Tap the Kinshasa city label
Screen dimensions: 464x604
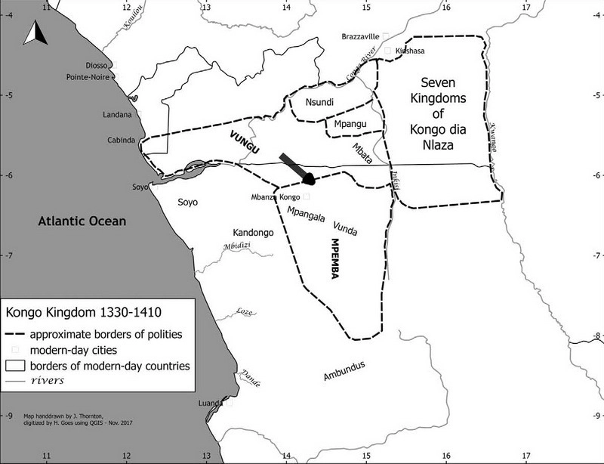(x=411, y=51)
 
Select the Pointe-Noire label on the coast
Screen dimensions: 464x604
(x=88, y=76)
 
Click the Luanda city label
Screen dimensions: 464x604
(x=208, y=404)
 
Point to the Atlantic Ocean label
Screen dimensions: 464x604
(x=82, y=221)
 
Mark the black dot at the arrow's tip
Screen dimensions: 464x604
(x=308, y=179)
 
